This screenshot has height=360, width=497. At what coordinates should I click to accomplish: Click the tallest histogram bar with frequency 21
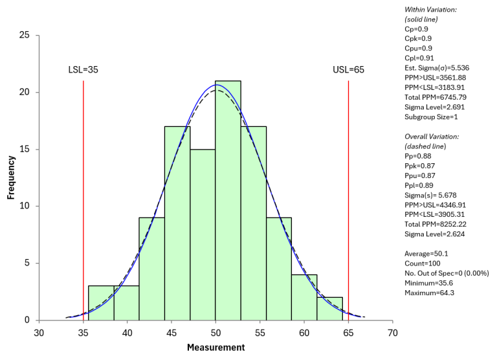(228, 201)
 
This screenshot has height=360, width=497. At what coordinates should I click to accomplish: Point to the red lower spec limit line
(83, 194)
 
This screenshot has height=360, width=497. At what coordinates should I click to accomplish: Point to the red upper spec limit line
(348, 194)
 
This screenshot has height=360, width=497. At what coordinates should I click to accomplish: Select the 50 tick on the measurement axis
(215, 333)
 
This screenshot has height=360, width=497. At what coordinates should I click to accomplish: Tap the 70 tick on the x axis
(392, 333)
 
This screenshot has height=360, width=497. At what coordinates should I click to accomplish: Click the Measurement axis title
(215, 348)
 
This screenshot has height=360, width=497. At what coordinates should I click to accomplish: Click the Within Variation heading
(430, 10)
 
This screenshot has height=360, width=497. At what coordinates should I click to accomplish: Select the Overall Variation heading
(432, 137)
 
